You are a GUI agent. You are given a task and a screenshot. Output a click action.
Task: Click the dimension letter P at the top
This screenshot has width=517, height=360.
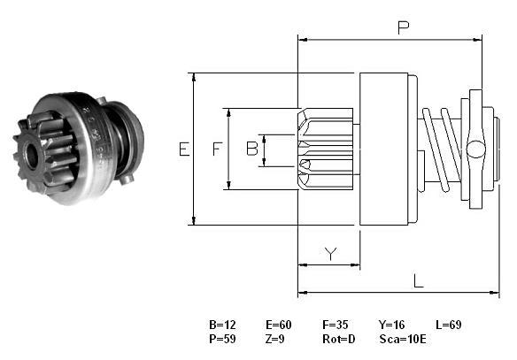point(404,27)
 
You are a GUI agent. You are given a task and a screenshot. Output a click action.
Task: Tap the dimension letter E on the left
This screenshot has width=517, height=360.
point(184,149)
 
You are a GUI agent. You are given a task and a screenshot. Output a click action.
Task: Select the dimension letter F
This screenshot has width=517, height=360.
point(217,149)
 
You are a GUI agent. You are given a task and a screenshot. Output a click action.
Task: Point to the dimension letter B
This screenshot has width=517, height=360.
point(252,149)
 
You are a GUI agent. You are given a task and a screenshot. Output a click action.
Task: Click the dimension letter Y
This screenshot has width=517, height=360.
point(331,253)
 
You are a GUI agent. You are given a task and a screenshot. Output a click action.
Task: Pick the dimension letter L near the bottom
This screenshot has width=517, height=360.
point(419,281)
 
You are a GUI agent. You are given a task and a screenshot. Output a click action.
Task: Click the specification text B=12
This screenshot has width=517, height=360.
point(222,325)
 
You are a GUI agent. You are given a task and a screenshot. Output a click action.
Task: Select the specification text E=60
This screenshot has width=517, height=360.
point(279,325)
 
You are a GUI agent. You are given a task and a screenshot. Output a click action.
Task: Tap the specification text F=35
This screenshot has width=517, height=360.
point(335,325)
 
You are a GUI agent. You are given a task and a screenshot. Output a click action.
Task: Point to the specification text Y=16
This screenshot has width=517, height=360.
point(391,325)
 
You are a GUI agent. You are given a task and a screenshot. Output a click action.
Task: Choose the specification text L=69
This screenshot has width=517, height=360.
point(449,325)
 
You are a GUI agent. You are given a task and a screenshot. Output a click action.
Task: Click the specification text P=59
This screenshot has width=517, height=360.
point(222,339)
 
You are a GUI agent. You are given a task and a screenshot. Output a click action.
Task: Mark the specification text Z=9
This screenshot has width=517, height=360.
point(274,339)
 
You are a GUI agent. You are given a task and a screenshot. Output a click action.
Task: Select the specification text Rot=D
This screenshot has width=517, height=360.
point(339,339)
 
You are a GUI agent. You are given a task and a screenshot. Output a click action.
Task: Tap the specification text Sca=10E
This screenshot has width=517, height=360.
point(403,339)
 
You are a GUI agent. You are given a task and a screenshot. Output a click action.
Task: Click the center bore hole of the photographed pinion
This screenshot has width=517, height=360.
point(32,156)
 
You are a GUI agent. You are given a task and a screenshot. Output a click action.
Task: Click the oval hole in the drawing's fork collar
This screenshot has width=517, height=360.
point(475,149)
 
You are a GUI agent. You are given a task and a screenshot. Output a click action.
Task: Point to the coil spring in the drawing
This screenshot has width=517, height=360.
point(442,149)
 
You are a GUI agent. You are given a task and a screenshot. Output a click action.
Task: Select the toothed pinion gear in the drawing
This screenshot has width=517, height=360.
point(325,149)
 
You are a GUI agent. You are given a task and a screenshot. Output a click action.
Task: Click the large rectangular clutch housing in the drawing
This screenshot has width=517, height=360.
point(384,149)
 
